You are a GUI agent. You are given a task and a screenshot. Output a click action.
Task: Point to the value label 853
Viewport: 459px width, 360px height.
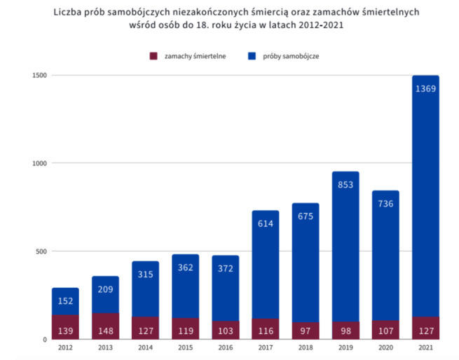pyautogui.click(x=345, y=184)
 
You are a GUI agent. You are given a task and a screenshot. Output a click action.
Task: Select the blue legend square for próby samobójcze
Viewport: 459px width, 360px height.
pyautogui.click(x=252, y=55)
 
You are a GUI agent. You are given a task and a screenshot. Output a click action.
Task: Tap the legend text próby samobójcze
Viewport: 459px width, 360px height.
pyautogui.click(x=291, y=55)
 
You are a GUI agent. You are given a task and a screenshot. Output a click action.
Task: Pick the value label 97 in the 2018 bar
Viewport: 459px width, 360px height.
pyautogui.click(x=306, y=330)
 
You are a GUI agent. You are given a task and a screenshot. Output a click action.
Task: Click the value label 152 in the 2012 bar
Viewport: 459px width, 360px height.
pyautogui.click(x=65, y=302)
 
